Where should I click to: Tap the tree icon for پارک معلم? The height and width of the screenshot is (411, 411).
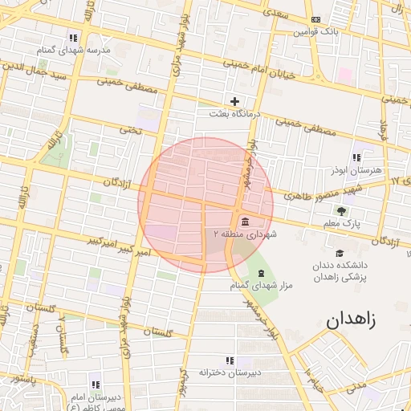click(343, 211)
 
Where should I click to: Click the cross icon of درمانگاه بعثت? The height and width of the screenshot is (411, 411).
click(234, 101)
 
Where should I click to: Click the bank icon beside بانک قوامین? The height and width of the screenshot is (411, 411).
click(315, 20)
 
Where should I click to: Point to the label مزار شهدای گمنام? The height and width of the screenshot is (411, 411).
click(258, 286)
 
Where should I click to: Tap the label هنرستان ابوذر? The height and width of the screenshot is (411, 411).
click(350, 171)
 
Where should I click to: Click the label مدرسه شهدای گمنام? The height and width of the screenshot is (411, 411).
click(72, 50)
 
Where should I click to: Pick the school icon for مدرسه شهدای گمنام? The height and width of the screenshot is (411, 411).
click(74, 38)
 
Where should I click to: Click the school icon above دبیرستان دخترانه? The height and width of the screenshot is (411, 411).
click(230, 361)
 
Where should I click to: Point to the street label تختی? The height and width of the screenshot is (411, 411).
click(130, 128)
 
